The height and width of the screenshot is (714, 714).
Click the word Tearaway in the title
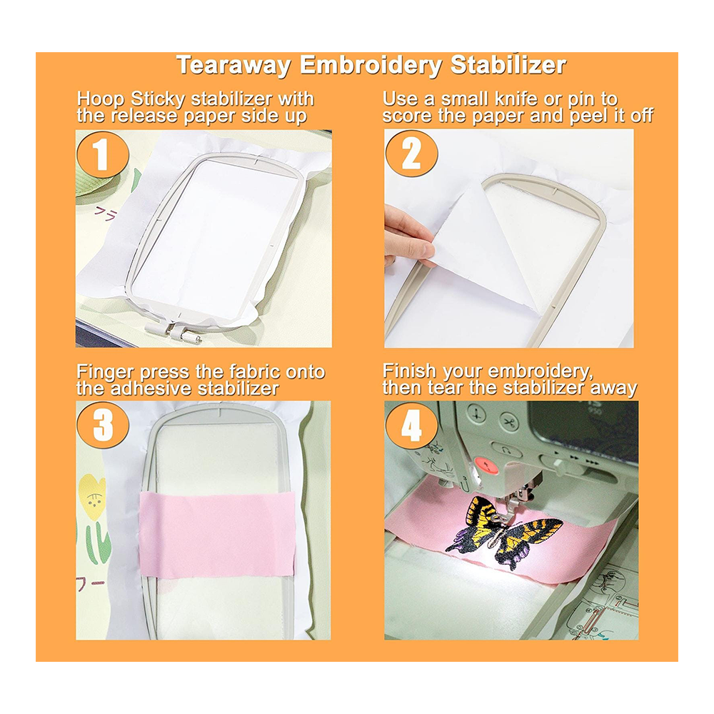234,65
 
